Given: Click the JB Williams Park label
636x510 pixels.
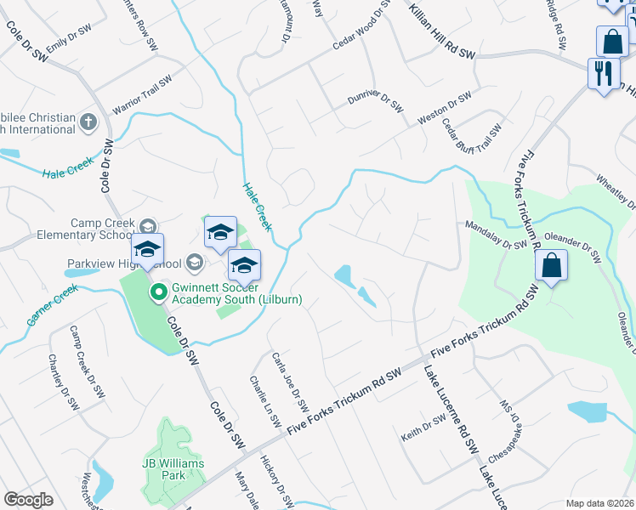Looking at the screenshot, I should click(x=175, y=469).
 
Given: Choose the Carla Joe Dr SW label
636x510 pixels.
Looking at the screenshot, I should click(x=289, y=379).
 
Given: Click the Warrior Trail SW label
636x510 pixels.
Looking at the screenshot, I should click(x=142, y=95).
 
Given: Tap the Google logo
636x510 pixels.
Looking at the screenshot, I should click(x=28, y=500).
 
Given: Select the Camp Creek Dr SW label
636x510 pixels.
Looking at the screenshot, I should click(x=88, y=363).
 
